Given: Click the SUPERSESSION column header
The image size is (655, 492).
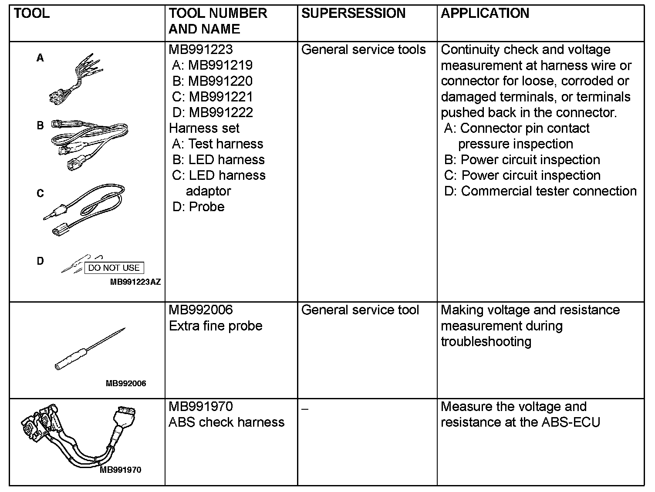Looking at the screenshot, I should [x=353, y=13].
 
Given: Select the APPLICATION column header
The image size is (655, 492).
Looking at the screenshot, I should [x=485, y=13].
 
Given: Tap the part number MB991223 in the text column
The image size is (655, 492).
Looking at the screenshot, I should [x=200, y=50].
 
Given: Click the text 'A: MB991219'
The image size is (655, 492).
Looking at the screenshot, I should [x=212, y=65].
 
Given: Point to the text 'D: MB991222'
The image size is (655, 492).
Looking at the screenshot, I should [x=213, y=112].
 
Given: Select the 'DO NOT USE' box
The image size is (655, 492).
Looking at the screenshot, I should [x=114, y=268].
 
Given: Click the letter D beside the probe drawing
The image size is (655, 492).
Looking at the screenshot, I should [x=40, y=261].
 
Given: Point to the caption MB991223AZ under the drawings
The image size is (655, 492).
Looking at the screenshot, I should [x=135, y=282].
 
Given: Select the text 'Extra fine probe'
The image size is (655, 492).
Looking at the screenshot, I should [x=216, y=326].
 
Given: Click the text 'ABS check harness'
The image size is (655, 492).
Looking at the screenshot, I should [x=226, y=422].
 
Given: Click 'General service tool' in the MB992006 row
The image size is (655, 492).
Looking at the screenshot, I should [x=360, y=310].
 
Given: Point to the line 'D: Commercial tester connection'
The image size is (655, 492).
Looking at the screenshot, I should [x=540, y=191].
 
